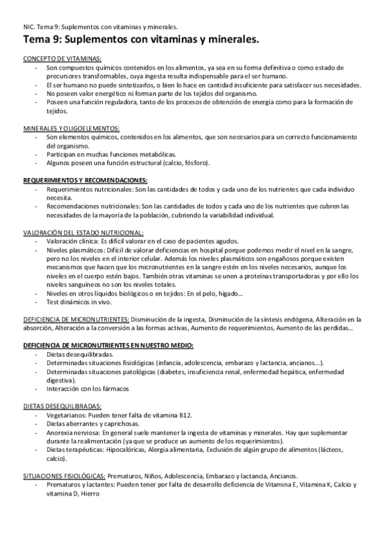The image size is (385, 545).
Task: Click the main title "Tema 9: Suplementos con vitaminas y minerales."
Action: pyautogui.click(x=140, y=40)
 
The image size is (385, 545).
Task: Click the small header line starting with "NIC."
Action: pyautogui.click(x=100, y=26)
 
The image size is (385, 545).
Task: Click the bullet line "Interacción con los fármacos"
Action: pyautogui.click(x=88, y=389)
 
